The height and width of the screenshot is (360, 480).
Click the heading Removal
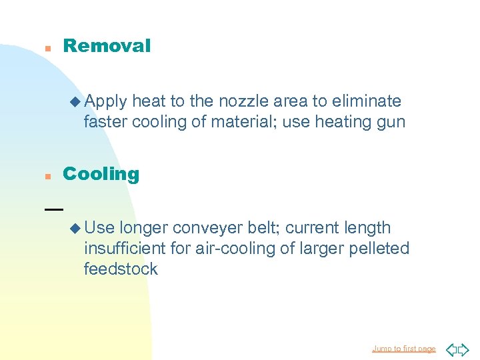pyautogui.click(x=107, y=46)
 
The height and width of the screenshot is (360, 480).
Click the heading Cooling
pyautogui.click(x=101, y=174)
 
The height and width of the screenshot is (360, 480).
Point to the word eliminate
pyautogui.click(x=365, y=101)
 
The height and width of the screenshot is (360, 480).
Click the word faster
pyautogui.click(x=105, y=122)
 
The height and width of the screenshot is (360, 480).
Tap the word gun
pyautogui.click(x=391, y=123)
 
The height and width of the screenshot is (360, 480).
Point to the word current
pyautogui.click(x=316, y=228)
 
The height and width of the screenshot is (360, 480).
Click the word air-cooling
pyautogui.click(x=226, y=249)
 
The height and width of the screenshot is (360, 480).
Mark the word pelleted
pyautogui.click(x=378, y=249)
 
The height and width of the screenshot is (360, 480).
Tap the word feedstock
pyautogui.click(x=121, y=269)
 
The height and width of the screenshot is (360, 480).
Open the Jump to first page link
pyautogui.click(x=404, y=349)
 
